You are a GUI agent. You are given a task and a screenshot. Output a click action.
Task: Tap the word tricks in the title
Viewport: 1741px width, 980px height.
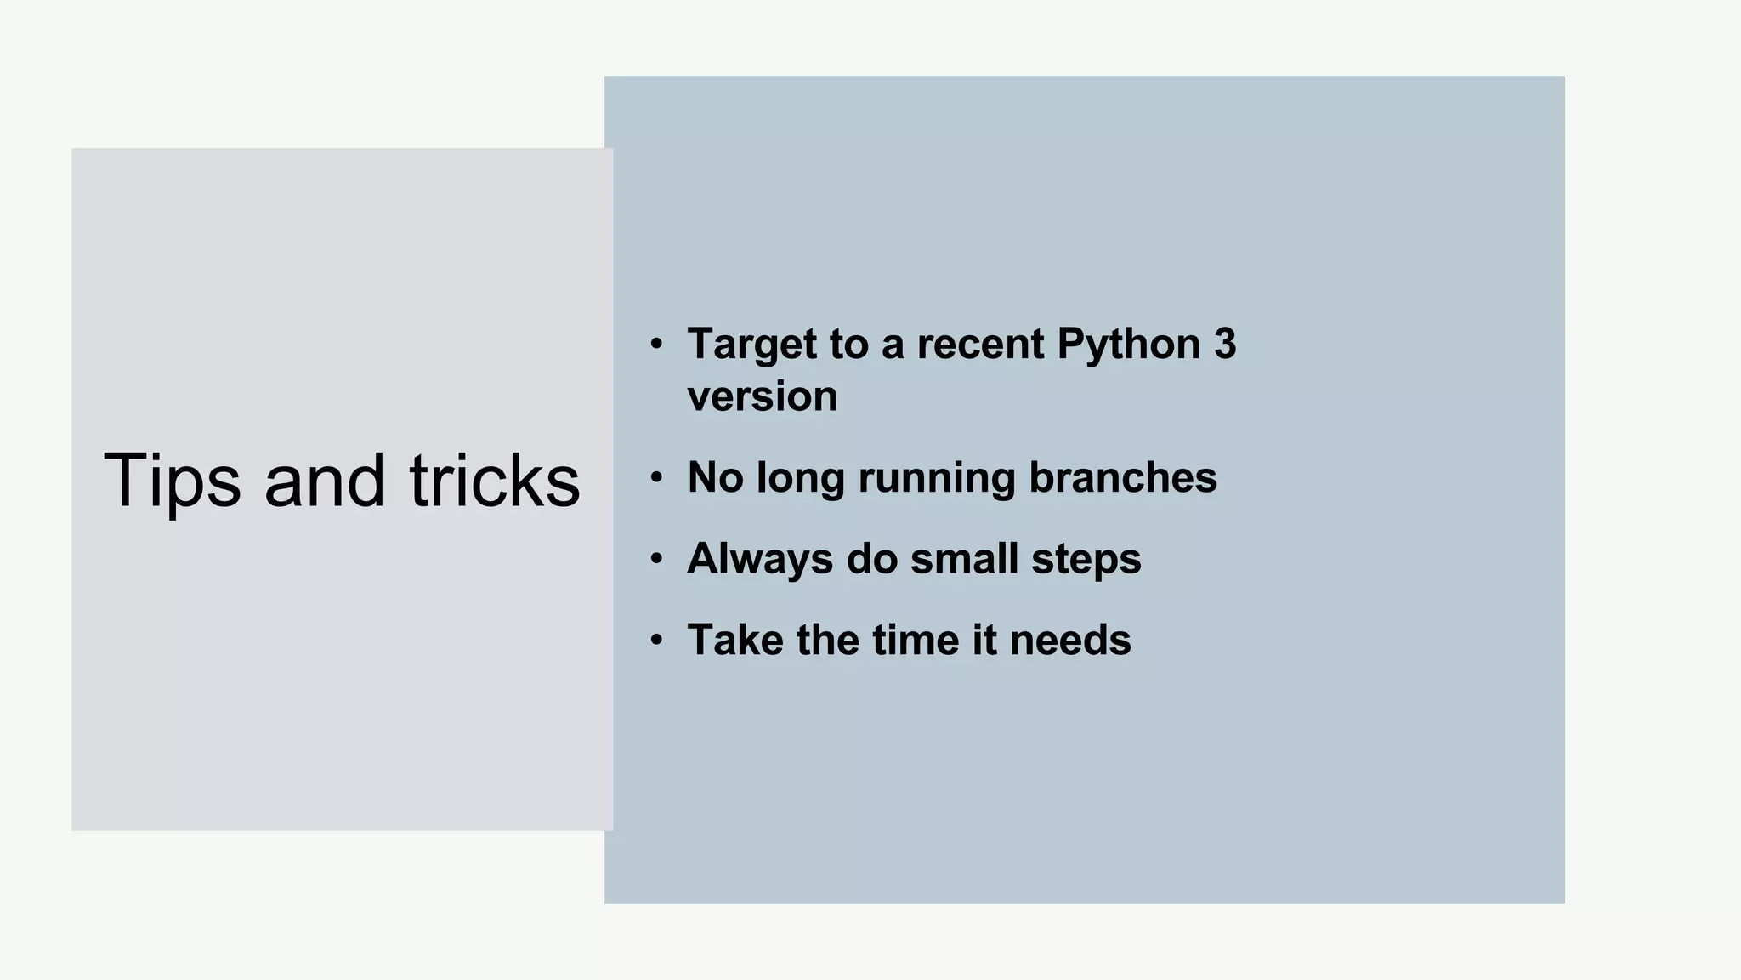click(x=495, y=481)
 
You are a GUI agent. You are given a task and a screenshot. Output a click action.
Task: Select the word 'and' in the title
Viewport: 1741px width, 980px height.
click(x=325, y=481)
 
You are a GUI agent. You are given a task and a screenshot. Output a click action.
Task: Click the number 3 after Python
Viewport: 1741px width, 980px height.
click(x=1225, y=345)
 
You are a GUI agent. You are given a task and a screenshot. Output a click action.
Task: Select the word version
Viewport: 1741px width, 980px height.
click(x=762, y=397)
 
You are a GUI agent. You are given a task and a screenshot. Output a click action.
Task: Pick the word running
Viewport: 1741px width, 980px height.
click(x=936, y=477)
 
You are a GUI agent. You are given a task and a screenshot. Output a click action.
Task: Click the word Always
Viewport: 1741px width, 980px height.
click(x=760, y=559)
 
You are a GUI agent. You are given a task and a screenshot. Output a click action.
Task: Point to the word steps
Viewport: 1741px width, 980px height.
click(x=1086, y=559)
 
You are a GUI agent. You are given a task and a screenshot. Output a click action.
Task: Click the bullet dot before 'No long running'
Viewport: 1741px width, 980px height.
click(x=655, y=478)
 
